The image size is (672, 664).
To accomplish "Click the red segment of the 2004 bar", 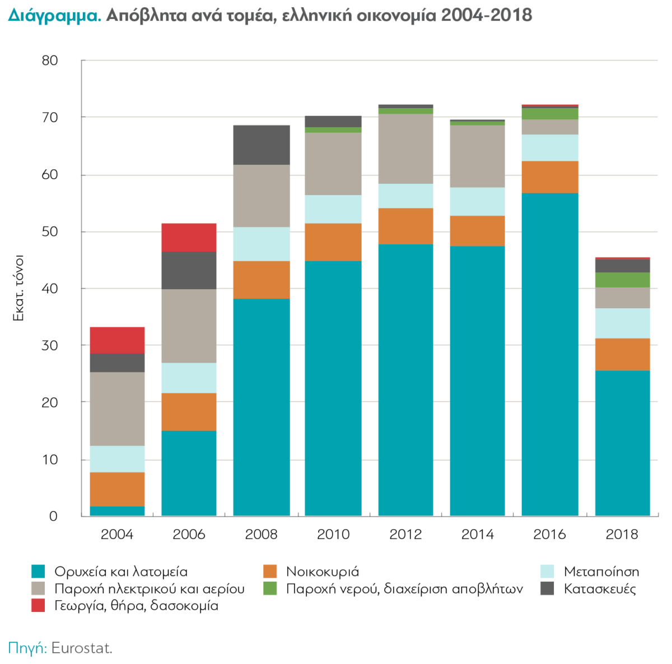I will coord(117,340).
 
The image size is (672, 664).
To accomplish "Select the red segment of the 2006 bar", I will coord(189,238).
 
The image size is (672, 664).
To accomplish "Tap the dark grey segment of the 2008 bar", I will coord(262,145).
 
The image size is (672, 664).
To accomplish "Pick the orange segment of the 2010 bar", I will coord(333,242).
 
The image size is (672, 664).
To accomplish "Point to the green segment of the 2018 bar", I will coord(622,280).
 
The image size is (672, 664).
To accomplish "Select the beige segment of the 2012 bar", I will coord(405,148).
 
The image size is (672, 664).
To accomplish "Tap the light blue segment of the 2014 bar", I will coord(478,201).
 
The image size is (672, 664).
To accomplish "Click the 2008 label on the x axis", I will coord(261,534).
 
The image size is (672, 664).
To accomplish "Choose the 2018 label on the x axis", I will coord(622,534).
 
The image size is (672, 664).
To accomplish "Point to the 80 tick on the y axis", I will coord(50,61).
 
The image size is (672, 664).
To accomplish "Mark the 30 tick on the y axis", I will coord(50,345).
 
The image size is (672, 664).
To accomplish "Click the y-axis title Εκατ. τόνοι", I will coord(18,288).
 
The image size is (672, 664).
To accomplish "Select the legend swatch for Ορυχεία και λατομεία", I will coord(38,572).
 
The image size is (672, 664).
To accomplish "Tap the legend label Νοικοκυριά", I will coord(323,572).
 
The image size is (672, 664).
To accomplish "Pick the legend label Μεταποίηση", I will coord(601,572).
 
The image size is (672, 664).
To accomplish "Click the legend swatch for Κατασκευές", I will coord(547,588).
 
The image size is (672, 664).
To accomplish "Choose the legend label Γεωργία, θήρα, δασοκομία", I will coord(136,606).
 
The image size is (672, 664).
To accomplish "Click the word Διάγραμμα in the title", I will coord(54,15).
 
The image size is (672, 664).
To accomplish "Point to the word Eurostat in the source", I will coord(82,648).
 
